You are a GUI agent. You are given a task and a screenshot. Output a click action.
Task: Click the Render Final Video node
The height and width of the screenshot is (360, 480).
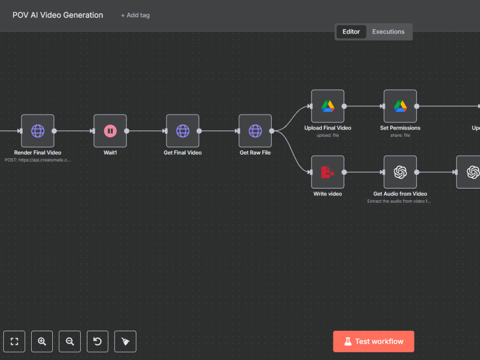pyautogui.click(x=37, y=131)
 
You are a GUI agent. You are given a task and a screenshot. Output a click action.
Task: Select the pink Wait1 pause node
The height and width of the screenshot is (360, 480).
pyautogui.click(x=110, y=131)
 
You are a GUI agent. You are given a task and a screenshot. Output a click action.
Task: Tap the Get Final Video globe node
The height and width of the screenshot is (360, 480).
pyautogui.click(x=183, y=131)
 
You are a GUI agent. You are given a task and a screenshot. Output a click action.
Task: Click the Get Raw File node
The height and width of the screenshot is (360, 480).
pyautogui.click(x=255, y=131)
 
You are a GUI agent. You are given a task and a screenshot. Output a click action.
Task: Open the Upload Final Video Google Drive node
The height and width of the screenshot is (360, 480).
pyautogui.click(x=327, y=106)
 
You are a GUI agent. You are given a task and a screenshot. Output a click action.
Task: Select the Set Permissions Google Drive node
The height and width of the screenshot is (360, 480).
pyautogui.click(x=400, y=106)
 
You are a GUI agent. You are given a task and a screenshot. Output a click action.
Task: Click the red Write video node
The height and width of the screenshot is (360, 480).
pyautogui.click(x=327, y=172)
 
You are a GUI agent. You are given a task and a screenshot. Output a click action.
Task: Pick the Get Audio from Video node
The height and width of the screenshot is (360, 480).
pyautogui.click(x=400, y=172)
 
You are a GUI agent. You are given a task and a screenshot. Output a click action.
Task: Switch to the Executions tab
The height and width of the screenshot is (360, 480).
pyautogui.click(x=388, y=32)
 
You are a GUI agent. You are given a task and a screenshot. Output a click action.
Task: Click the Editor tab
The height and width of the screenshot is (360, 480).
pyautogui.click(x=351, y=32)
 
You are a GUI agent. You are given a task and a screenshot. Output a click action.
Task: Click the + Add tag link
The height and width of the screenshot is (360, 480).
pyautogui.click(x=135, y=15)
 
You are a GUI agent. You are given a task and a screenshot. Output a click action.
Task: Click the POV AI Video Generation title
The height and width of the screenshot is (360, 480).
pyautogui.click(x=58, y=15)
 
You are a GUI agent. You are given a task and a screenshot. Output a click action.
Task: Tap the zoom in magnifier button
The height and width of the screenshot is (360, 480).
pyautogui.click(x=42, y=341)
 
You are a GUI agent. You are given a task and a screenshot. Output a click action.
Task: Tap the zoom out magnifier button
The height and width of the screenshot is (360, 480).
pyautogui.click(x=70, y=341)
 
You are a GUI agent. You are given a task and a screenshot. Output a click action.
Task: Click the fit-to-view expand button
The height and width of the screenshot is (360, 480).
pyautogui.click(x=14, y=341)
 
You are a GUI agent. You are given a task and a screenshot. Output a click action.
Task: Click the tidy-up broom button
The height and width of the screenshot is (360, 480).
pyautogui.click(x=125, y=341)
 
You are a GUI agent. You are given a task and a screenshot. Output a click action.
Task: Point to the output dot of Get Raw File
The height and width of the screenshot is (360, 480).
pyautogui.click(x=272, y=131)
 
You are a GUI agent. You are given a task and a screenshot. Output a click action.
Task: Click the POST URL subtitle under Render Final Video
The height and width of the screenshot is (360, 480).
pyautogui.click(x=37, y=160)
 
